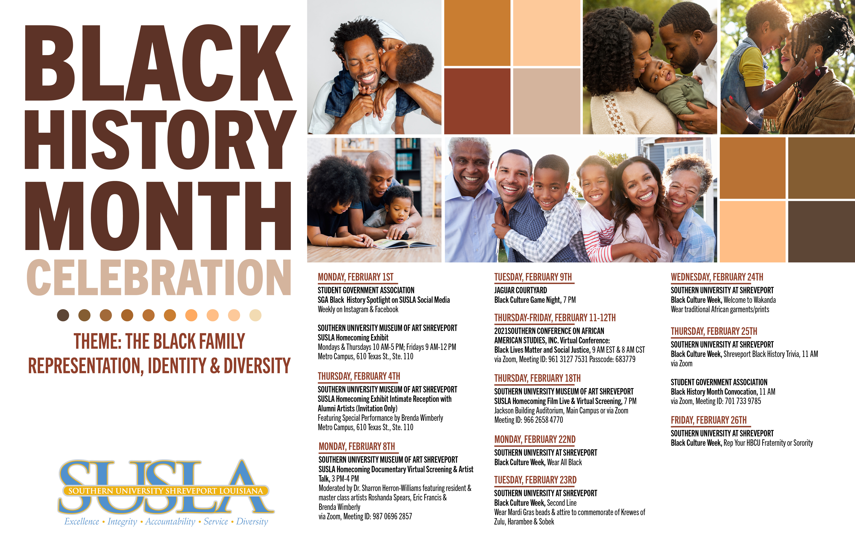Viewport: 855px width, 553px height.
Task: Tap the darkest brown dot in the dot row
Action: (63, 315)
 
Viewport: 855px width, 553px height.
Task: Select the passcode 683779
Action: (625, 359)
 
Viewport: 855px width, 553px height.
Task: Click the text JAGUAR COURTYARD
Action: (521, 290)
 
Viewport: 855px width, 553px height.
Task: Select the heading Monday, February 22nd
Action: (535, 440)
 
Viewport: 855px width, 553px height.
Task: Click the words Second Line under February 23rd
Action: (562, 503)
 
